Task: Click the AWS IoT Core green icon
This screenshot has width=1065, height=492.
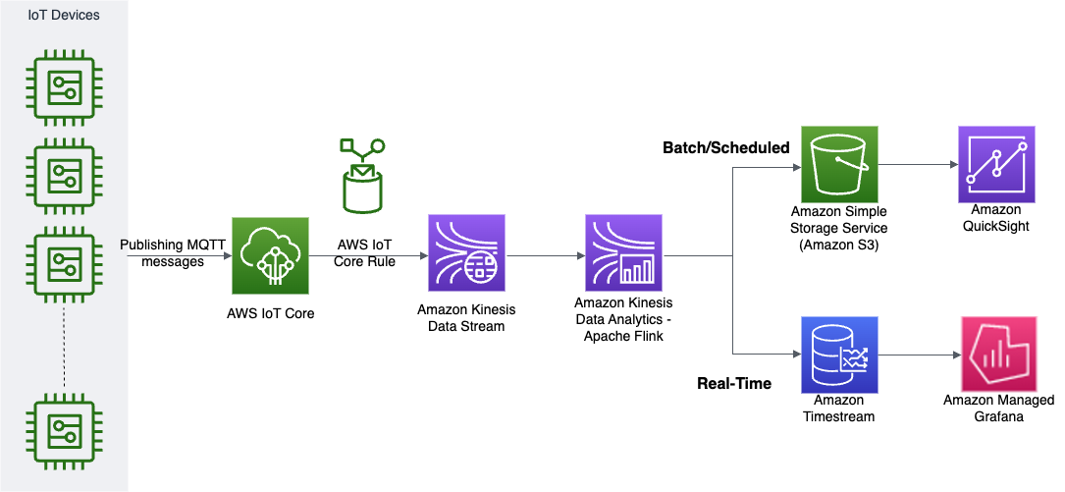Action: pos(270,255)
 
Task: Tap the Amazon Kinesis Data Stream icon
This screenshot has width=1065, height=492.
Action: pos(467,254)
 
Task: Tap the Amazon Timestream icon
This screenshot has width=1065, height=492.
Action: pos(840,355)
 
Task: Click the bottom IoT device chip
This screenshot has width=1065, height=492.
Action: pos(65,428)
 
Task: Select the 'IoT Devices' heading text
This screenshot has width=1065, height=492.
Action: pos(64,16)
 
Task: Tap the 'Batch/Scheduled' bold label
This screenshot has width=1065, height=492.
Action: pos(726,148)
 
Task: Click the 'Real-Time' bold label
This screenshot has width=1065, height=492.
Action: pos(734,383)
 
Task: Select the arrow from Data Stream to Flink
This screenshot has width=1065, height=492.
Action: pos(545,257)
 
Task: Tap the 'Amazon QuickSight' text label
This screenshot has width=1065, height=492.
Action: pos(995,217)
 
